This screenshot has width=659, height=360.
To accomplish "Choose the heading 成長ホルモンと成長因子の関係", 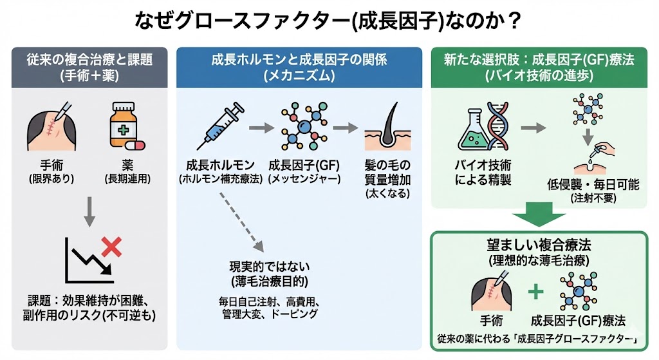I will pos(299,60).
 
